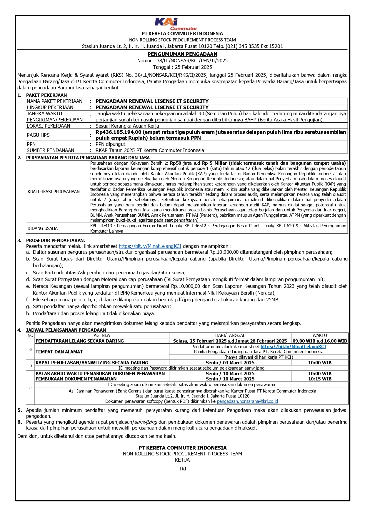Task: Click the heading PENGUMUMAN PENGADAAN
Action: [x=182, y=54]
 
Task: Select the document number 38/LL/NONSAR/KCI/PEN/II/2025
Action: [x=192, y=61]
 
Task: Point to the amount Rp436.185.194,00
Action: [x=119, y=132]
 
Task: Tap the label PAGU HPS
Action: [x=38, y=135]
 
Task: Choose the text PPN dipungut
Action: [x=110, y=144]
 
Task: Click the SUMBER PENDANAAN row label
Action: [x=51, y=150]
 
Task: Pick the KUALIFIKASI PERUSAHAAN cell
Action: [x=54, y=192]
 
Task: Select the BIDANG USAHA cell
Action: [x=43, y=228]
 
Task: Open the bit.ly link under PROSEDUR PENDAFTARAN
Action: [x=150, y=246]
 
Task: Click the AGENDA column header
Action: [x=102, y=335]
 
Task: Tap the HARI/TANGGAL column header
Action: [x=230, y=335]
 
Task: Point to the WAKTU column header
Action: [x=320, y=335]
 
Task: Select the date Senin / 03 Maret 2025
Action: [x=230, y=363]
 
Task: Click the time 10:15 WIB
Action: [x=320, y=379]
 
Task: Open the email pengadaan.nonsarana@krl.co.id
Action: [x=247, y=401]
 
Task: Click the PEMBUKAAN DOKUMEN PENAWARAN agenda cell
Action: [x=76, y=379]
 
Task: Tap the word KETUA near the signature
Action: [x=182, y=460]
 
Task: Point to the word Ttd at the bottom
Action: [x=182, y=469]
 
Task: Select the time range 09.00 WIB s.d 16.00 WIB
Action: [x=320, y=341]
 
